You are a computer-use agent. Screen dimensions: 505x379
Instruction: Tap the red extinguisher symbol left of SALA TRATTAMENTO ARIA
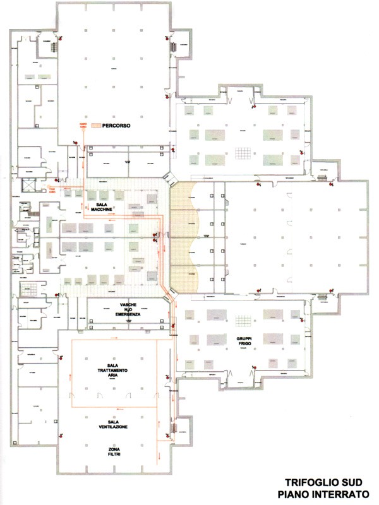click(61, 357)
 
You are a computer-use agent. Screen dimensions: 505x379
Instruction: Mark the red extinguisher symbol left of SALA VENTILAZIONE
click(61, 436)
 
